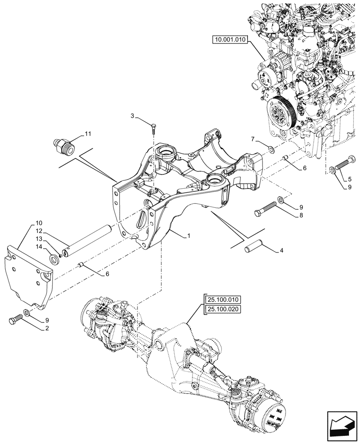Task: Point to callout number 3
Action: tap(132, 116)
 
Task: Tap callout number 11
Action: tap(87, 133)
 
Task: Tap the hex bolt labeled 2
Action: tap(16, 319)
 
